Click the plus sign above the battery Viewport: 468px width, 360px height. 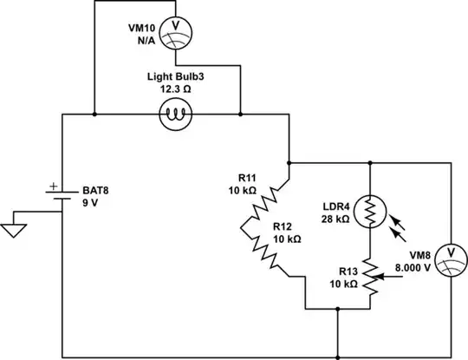click(x=51, y=185)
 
